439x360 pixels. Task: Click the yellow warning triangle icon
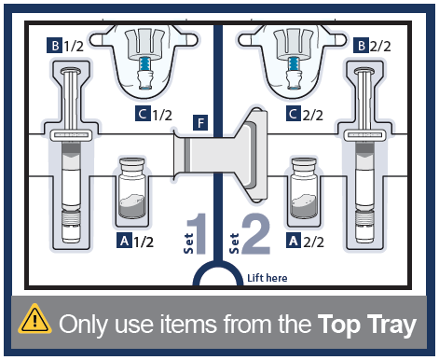(x=34, y=320)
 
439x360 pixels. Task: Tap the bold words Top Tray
(x=366, y=325)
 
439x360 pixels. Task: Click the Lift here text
(x=268, y=278)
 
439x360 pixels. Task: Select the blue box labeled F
(x=200, y=122)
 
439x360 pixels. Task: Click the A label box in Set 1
(x=124, y=241)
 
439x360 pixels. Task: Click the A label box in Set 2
(x=294, y=241)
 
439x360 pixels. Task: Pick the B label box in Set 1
(x=55, y=46)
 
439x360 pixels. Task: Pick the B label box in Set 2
(x=361, y=46)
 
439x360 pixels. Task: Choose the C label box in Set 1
(x=143, y=114)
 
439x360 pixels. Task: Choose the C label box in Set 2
(x=294, y=114)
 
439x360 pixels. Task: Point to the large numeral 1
(x=198, y=233)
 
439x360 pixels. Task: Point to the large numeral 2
(x=256, y=233)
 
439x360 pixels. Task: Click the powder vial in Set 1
(x=132, y=188)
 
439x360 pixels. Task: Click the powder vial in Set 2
(x=304, y=188)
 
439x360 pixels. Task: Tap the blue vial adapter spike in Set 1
(x=143, y=64)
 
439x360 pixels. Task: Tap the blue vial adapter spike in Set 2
(x=293, y=64)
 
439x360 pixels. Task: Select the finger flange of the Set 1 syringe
(x=71, y=135)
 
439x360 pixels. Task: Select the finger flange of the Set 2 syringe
(x=364, y=135)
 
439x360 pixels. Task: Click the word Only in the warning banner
(x=84, y=325)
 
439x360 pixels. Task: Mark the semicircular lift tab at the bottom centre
(x=218, y=267)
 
